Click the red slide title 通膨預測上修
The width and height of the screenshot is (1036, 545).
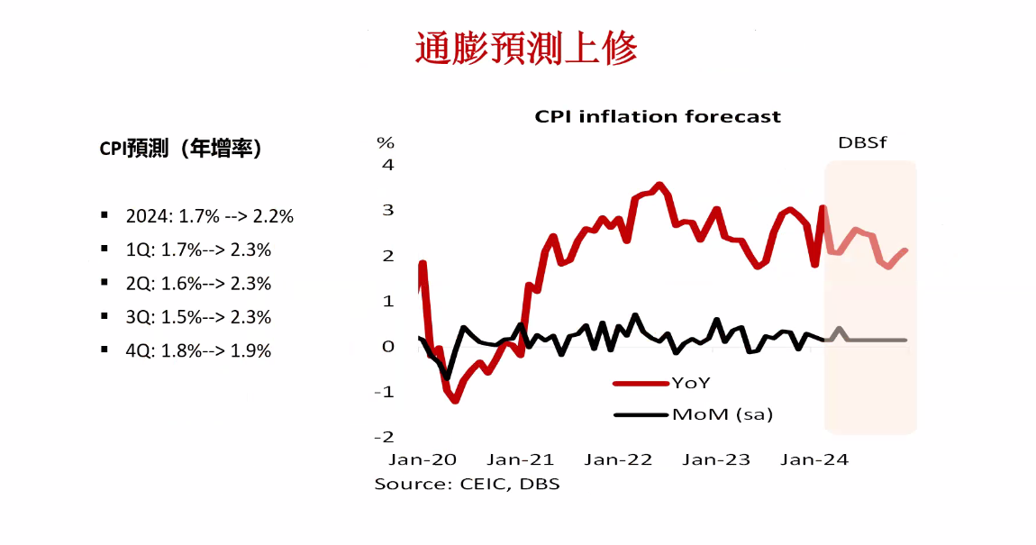click(525, 49)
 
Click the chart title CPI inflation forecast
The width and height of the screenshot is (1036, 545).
click(658, 116)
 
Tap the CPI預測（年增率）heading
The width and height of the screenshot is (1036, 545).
click(181, 149)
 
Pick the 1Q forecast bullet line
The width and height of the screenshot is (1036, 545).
click(198, 250)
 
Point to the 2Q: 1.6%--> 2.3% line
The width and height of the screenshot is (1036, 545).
click(198, 284)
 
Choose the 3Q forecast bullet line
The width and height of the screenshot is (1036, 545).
click(198, 317)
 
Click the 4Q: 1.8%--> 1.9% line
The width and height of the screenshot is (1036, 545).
click(198, 351)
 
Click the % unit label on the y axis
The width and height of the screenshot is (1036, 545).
click(386, 142)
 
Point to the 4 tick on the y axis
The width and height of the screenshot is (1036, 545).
click(388, 165)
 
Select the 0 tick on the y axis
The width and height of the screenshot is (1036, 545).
click(388, 347)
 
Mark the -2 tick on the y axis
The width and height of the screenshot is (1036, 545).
click(385, 437)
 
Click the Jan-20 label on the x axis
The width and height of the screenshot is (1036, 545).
click(422, 459)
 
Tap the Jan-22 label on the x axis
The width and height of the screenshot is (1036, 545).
click(618, 459)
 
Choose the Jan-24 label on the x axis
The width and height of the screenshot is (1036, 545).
click(814, 459)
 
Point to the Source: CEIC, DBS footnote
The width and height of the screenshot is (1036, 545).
click(467, 484)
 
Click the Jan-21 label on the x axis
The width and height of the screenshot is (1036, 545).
click(520, 459)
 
